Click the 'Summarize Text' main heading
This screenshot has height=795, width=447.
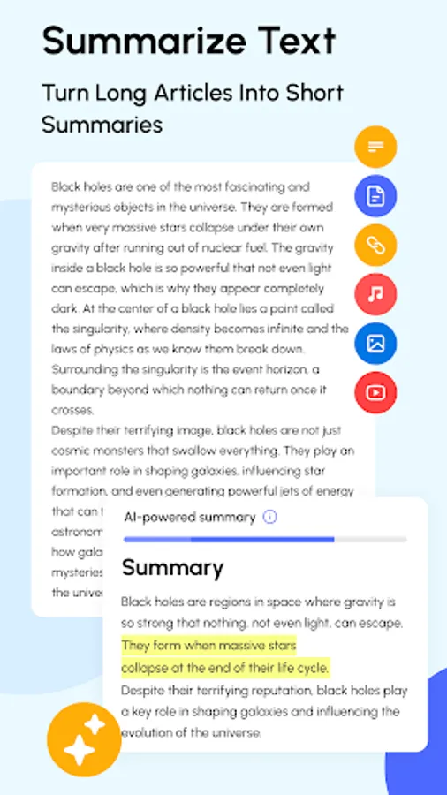(189, 42)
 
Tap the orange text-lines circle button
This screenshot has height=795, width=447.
(375, 147)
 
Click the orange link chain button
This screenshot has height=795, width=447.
(375, 246)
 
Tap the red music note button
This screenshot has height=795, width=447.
(375, 295)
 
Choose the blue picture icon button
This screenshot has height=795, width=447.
(375, 344)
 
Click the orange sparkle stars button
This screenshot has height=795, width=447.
(83, 738)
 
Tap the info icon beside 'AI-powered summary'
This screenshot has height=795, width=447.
(270, 517)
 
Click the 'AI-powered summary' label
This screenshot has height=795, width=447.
(189, 517)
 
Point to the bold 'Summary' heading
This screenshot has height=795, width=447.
(172, 566)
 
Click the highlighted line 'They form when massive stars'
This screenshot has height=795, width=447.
(208, 645)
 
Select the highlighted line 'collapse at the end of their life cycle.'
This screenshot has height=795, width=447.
(224, 666)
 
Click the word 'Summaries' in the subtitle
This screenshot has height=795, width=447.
(102, 124)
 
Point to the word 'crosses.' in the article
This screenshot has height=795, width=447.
(73, 410)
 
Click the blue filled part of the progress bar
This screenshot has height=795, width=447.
(228, 539)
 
